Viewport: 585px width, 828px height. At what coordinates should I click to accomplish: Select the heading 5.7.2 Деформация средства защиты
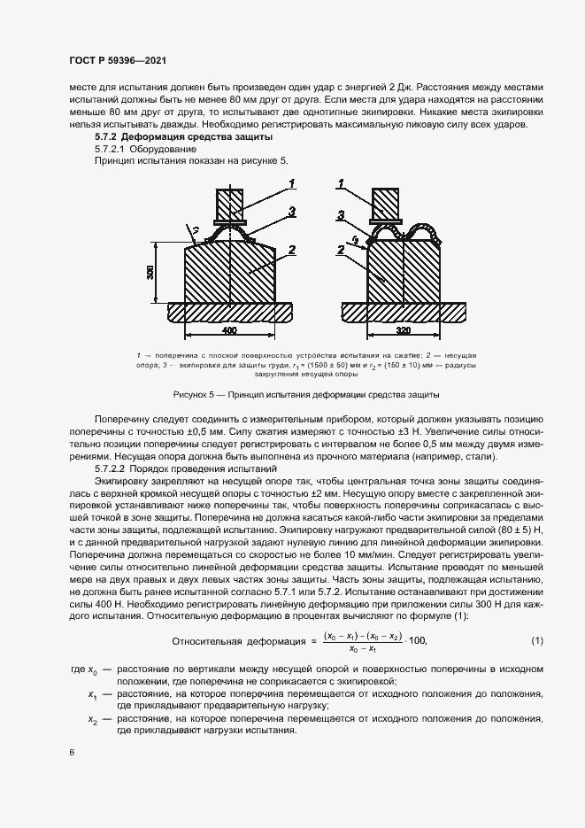point(184,138)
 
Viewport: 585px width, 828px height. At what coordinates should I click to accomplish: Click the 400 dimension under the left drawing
point(229,329)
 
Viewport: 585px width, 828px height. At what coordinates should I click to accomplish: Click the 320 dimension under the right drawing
point(404,329)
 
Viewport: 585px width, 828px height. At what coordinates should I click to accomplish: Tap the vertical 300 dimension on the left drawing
point(151,273)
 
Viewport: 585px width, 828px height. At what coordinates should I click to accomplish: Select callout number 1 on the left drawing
point(289,183)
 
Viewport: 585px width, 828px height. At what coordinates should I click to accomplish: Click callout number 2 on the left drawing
point(289,251)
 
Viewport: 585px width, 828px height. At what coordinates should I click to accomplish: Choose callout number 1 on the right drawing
point(341,183)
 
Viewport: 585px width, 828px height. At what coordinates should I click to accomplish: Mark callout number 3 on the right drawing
point(340,215)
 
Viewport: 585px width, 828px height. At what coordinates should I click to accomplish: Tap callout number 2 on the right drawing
point(340,251)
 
